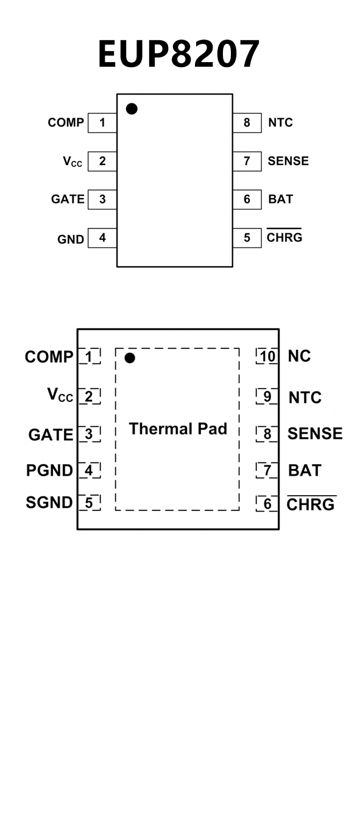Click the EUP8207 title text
[x=178, y=54]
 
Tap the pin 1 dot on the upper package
[x=132, y=109]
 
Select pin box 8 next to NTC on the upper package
[x=247, y=122]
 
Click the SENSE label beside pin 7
[x=288, y=161]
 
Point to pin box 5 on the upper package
[x=247, y=238]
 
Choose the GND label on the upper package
[x=71, y=239]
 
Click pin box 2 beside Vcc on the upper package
[x=102, y=161]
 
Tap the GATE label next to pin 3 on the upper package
[x=68, y=199]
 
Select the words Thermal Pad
[x=178, y=429]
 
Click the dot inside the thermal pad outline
[x=130, y=358]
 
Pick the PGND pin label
[x=49, y=470]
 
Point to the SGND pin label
[x=49, y=503]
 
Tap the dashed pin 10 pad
[x=267, y=356]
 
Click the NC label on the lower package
[x=299, y=356]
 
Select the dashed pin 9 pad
[x=267, y=397]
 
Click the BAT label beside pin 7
[x=305, y=470]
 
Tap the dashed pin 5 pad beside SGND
[x=90, y=503]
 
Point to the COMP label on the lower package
[x=49, y=357]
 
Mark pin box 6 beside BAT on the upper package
[x=247, y=199]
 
